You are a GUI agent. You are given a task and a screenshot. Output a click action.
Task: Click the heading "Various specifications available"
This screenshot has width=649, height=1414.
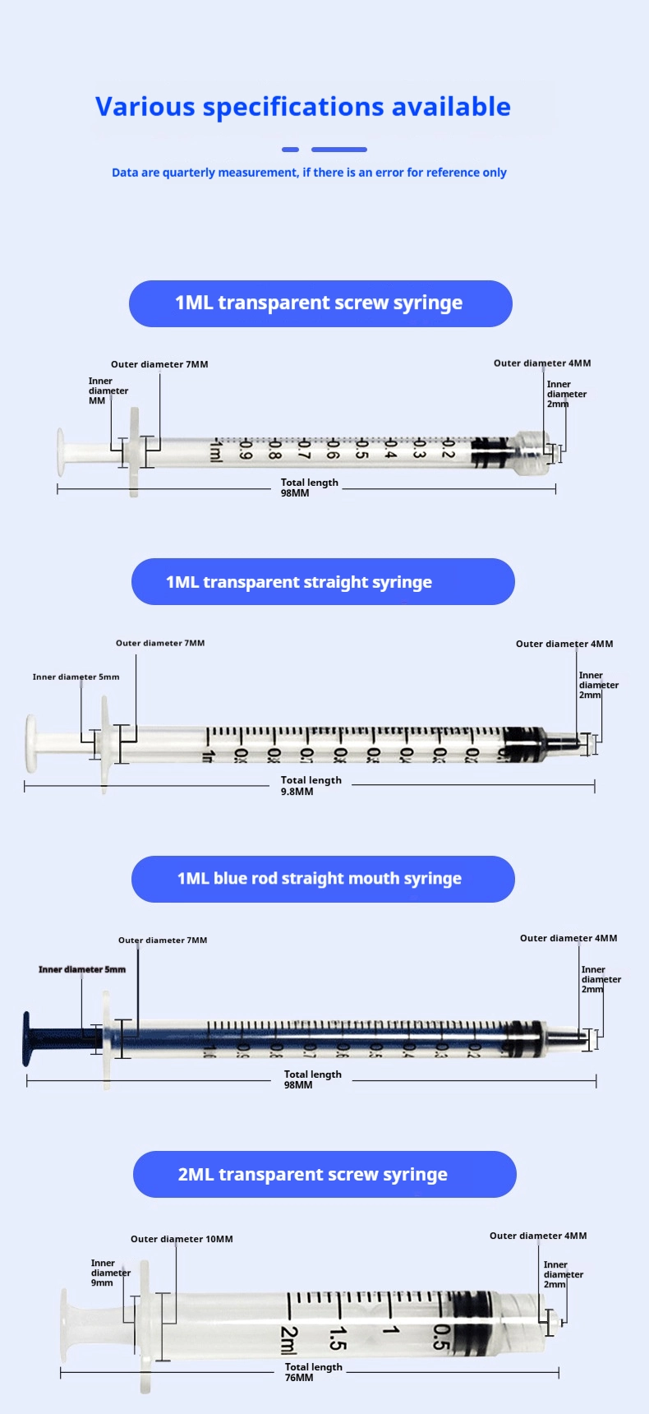coord(302,107)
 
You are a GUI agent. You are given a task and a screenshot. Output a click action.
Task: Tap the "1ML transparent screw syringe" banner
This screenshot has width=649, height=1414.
coord(320,303)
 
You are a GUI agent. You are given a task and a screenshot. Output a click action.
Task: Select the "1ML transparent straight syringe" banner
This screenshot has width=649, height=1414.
coord(323,582)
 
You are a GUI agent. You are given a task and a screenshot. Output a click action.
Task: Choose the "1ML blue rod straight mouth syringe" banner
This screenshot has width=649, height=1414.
coord(323,879)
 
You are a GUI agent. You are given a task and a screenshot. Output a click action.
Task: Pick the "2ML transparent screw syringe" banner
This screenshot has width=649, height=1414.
coord(324,1174)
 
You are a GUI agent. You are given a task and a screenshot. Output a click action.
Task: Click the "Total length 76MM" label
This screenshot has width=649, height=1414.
coord(313,1372)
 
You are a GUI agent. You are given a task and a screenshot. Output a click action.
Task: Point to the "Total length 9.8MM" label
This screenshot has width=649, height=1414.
coord(311,786)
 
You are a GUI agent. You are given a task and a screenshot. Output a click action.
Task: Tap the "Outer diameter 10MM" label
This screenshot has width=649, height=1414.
coord(182,1239)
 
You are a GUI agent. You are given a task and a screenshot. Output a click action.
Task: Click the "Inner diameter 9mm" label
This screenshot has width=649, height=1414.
coord(110,1273)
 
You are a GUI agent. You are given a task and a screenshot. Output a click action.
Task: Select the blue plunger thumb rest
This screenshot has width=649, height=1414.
coord(27,1039)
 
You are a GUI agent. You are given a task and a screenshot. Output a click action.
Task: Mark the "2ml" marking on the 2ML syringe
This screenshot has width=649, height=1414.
coord(288,1340)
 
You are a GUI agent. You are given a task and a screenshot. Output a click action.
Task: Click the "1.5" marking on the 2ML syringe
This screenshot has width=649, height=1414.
coord(338,1338)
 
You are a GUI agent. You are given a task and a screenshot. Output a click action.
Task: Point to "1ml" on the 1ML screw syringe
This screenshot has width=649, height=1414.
coord(215,451)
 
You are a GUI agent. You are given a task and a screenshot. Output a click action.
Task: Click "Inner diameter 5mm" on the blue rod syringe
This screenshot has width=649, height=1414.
coord(82,969)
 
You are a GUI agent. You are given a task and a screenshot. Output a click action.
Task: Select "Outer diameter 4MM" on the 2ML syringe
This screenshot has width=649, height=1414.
coord(538,1236)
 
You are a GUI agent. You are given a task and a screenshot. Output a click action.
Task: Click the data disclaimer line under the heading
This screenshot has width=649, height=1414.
coord(309,173)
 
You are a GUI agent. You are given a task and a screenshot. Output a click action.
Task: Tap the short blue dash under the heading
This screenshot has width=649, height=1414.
coord(290,150)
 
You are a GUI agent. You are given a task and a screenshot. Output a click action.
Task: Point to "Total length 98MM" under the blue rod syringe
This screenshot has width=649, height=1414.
coord(312,1079)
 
